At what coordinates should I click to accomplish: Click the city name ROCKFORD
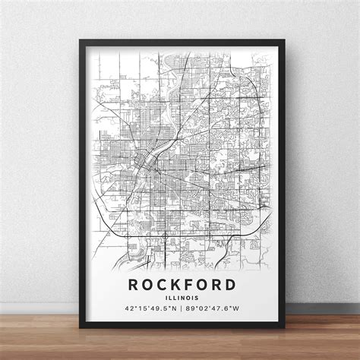tap(180, 285)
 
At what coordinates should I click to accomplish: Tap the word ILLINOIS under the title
tap(180, 298)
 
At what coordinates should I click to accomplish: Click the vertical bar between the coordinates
tap(180, 309)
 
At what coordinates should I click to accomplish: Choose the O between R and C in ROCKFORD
tap(144, 285)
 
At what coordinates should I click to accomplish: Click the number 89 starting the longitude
tap(191, 309)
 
